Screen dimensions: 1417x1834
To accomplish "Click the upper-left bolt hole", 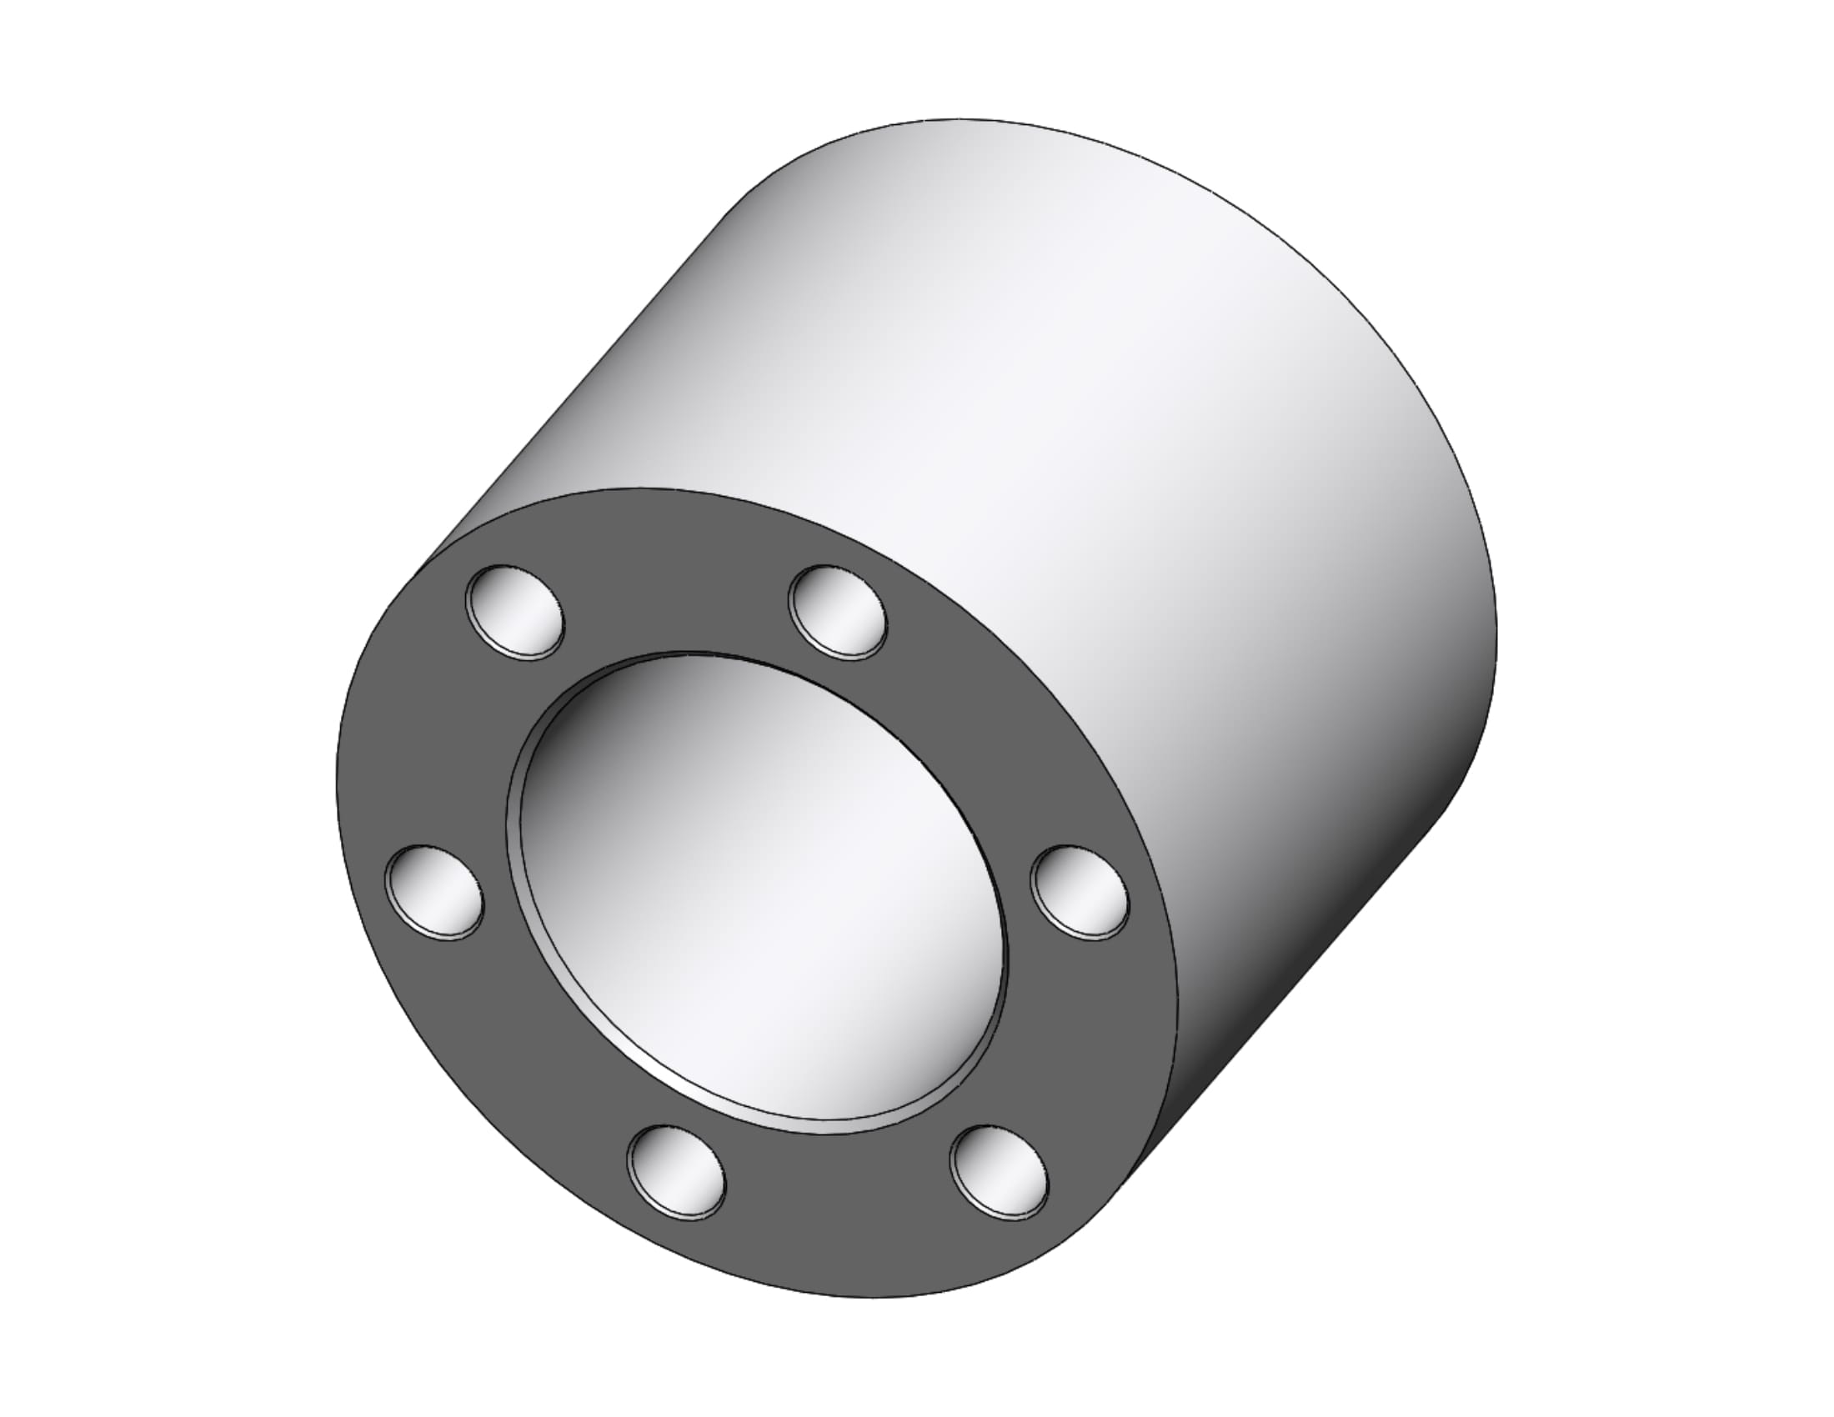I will click(514, 611).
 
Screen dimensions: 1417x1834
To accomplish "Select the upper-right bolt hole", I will click(837, 612).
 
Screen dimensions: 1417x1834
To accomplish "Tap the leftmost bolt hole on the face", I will click(434, 894).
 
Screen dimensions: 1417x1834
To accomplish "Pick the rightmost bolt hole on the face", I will click(1080, 894).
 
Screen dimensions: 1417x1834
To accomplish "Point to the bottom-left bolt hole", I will click(676, 1173).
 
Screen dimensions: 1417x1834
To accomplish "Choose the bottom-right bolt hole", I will click(999, 1173).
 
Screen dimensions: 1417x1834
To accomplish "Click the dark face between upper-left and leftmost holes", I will click(453, 747).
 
